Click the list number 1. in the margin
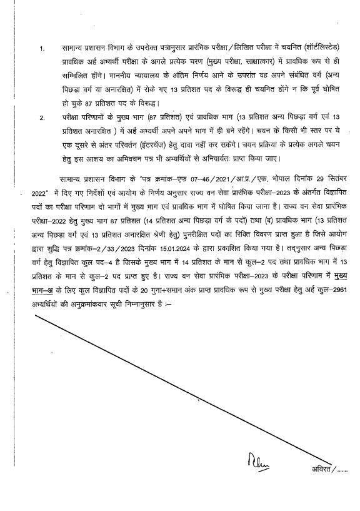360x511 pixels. (42, 48)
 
